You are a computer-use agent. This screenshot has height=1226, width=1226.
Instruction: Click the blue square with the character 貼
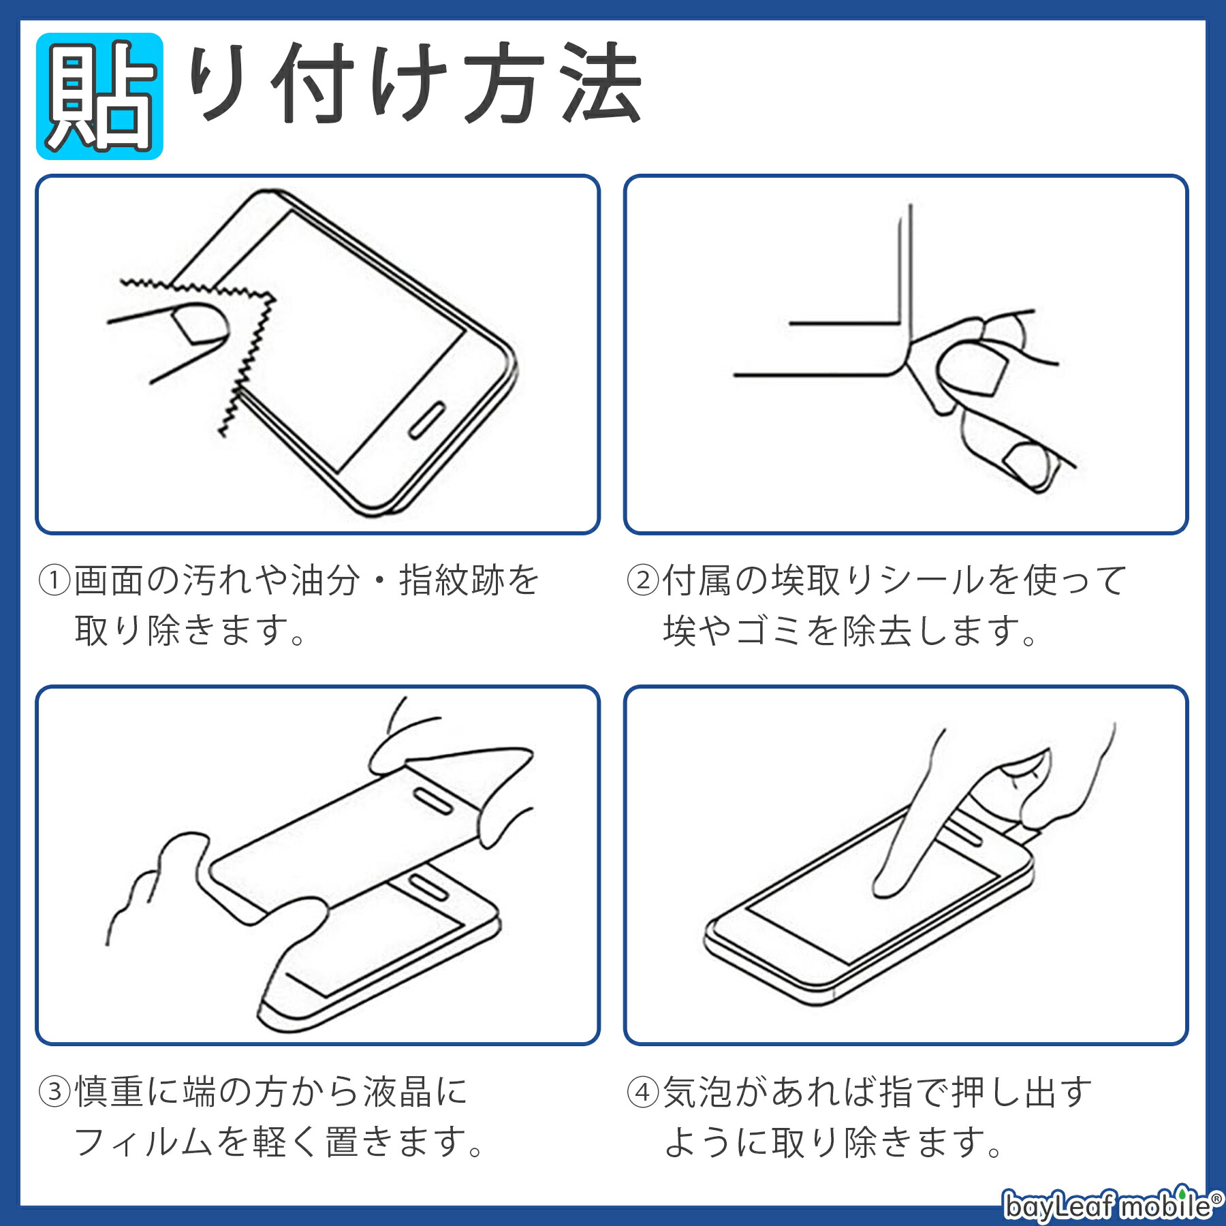pyautogui.click(x=99, y=96)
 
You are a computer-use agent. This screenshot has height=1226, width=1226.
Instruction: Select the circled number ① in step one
pyautogui.click(x=54, y=580)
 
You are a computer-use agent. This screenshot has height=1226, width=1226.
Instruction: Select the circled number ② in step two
pyautogui.click(x=642, y=580)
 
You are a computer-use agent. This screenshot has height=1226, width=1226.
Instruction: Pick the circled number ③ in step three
pyautogui.click(x=54, y=1091)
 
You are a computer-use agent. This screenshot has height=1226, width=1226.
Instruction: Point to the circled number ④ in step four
pyautogui.click(x=642, y=1093)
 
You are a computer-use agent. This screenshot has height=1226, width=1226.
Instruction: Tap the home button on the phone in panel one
pyautogui.click(x=427, y=420)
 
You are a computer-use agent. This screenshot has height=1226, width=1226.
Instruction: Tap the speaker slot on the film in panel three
pyautogui.click(x=433, y=802)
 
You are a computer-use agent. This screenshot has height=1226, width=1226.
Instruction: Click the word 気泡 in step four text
pyautogui.click(x=698, y=1093)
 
